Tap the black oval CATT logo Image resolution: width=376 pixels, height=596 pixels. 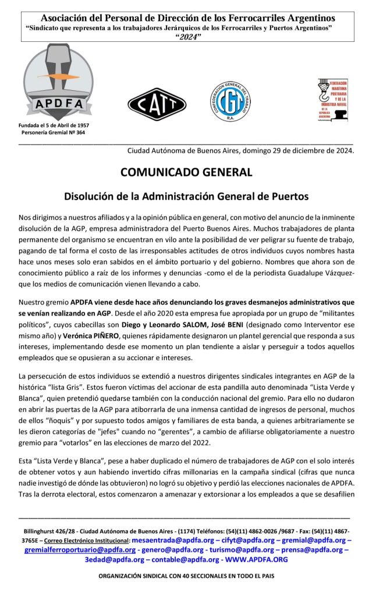tap(157, 104)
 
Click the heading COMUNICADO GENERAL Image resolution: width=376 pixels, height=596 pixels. tap(186, 172)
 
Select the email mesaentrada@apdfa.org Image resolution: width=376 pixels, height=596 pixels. tap(174, 540)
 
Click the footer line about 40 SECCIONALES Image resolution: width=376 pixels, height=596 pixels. tap(186, 576)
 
